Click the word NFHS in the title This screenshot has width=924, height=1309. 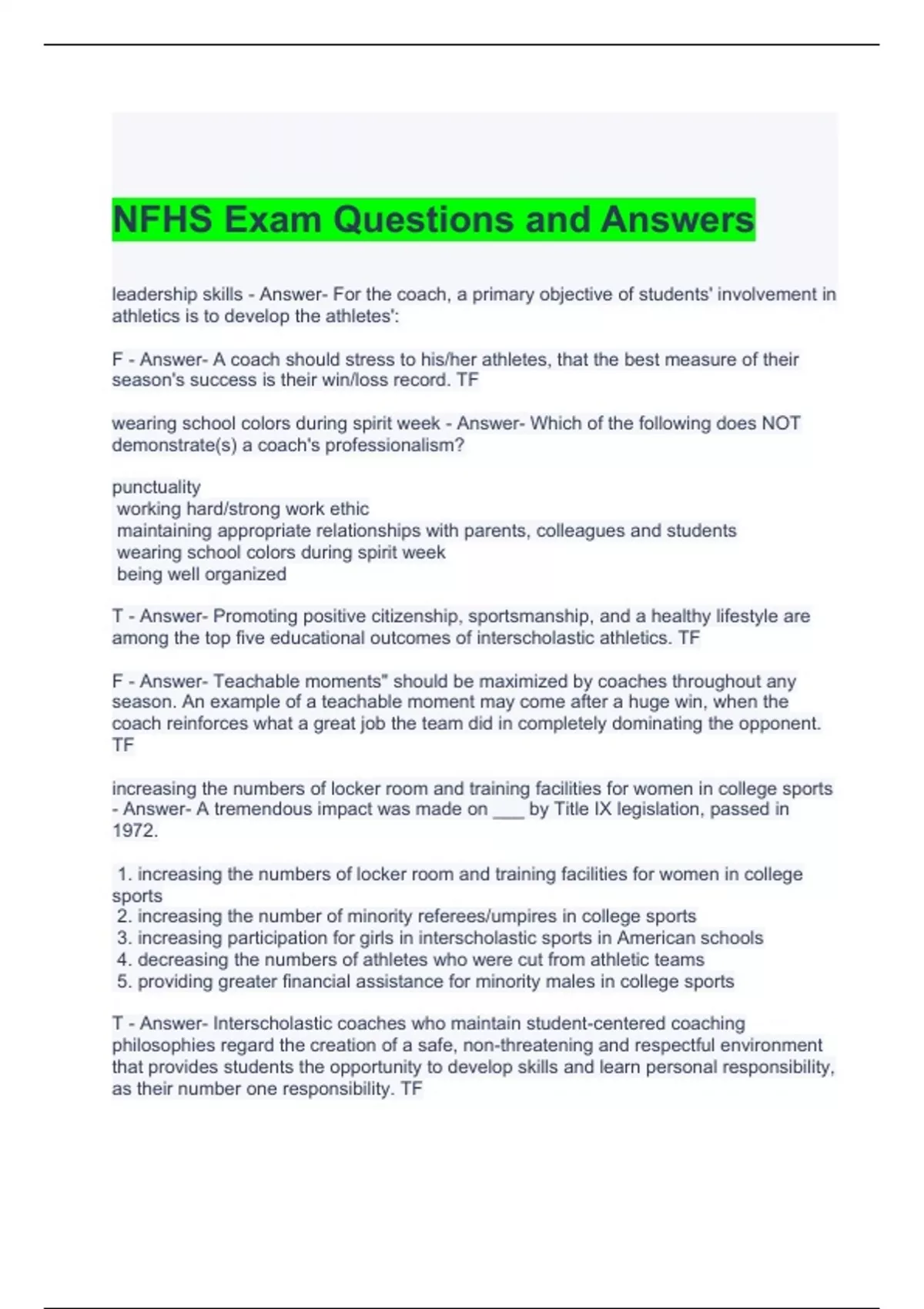point(162,219)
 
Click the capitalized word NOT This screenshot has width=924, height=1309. point(781,423)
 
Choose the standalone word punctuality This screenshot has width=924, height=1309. point(156,487)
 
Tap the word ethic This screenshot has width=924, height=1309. point(349,508)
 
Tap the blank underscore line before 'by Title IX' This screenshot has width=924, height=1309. point(508,809)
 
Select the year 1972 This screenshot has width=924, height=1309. point(134,830)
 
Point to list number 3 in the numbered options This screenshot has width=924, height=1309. point(125,938)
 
